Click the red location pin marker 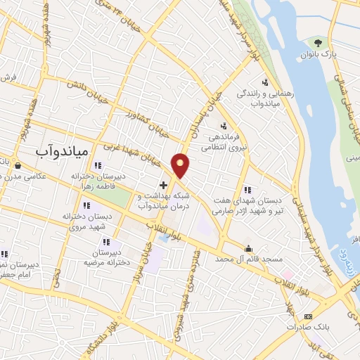181,165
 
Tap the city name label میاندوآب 61,150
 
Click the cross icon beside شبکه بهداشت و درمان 164,185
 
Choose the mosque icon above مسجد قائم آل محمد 248,248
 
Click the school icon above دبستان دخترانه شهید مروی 86,206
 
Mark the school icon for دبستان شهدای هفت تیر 247,190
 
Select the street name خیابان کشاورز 148,122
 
